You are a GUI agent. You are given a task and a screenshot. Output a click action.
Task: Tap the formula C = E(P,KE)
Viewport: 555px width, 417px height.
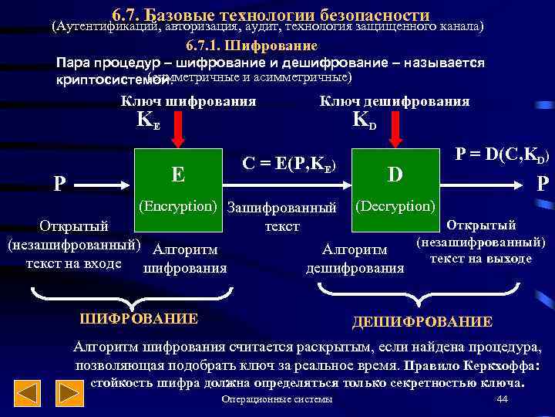pyautogui.click(x=288, y=164)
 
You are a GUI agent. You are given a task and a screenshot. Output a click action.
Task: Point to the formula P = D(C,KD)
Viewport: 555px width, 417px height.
pyautogui.click(x=502, y=155)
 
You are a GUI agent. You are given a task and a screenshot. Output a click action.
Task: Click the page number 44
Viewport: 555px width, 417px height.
pyautogui.click(x=503, y=399)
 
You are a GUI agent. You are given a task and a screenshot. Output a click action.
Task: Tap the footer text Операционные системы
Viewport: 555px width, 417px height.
pyautogui.click(x=277, y=399)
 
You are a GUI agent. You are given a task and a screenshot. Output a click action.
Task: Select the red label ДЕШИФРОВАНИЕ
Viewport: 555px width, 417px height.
pyautogui.click(x=422, y=322)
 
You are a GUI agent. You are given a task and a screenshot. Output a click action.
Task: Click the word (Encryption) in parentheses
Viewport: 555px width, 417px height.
pyautogui.click(x=180, y=207)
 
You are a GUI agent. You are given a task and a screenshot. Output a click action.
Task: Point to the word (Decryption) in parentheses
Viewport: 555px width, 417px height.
pyautogui.click(x=395, y=207)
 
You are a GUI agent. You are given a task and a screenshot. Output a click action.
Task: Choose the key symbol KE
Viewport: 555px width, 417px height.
pyautogui.click(x=148, y=121)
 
